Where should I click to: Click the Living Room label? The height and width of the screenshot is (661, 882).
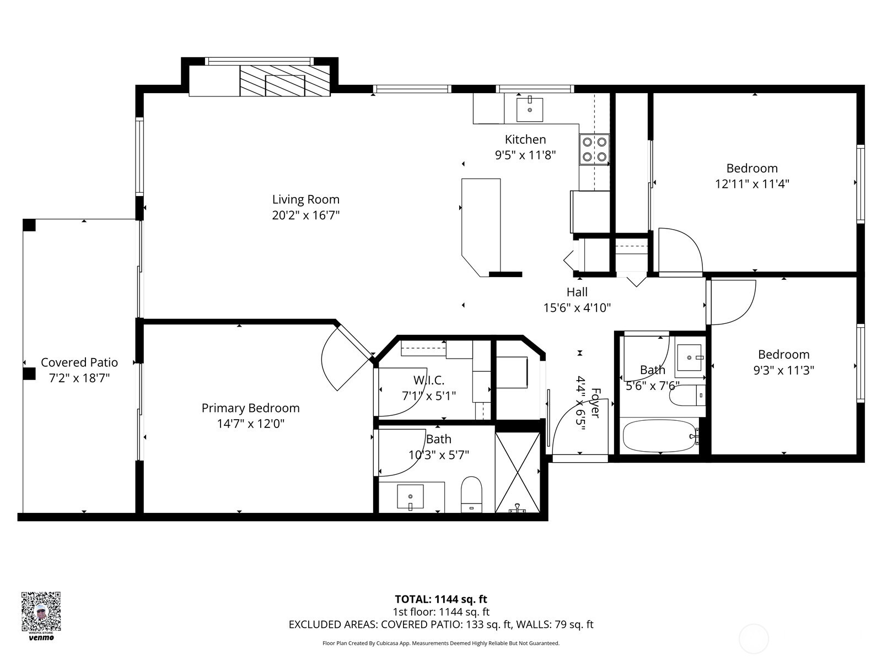pos(305,199)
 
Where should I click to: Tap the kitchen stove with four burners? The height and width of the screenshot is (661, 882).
pos(594,149)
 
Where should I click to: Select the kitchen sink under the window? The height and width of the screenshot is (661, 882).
pos(530,110)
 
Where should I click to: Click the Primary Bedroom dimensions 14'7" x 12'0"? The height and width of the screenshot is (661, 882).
pos(250,424)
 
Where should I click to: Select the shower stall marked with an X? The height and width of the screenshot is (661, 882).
pos(517,472)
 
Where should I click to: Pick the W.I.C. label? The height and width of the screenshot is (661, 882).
pos(429,380)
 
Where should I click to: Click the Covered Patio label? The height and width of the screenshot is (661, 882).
pos(79,362)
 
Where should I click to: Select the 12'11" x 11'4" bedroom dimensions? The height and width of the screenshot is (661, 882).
pos(752,184)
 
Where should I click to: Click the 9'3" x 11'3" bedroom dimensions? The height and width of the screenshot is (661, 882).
pos(783,370)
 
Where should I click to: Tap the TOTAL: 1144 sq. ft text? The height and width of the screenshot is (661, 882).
pos(441,599)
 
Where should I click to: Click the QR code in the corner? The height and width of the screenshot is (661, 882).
pos(41,611)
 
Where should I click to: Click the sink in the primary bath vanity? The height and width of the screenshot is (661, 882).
pos(410,496)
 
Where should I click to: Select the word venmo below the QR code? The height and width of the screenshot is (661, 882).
pos(41,638)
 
